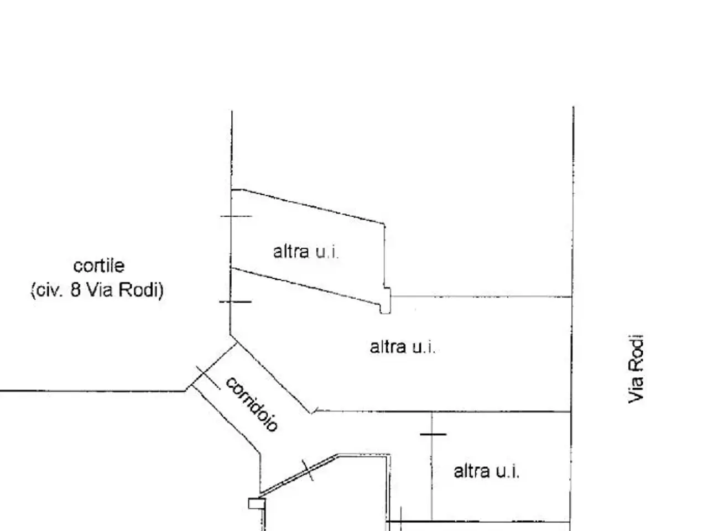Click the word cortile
coord(98,266)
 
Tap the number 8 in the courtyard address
coord(75,289)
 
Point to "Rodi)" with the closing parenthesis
coord(141,290)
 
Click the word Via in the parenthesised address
coord(100,289)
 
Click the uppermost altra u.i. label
coord(306,252)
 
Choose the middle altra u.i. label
coord(403,347)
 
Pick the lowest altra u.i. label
coord(486,471)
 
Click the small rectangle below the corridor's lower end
coord(257,503)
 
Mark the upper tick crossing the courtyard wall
coord(236,216)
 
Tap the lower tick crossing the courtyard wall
coord(236,302)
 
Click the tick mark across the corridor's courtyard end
coord(209,378)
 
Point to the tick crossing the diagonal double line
coord(308,470)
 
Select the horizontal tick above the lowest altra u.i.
coord(433,434)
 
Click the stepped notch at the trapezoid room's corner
coord(385,300)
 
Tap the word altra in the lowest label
coord(472,471)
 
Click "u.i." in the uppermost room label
coord(327,252)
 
